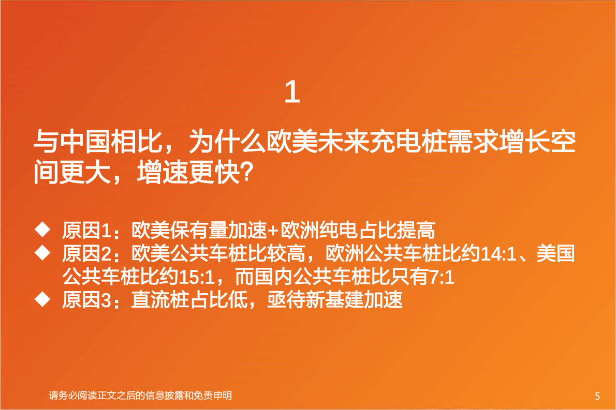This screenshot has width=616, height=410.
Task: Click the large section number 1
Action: [x=292, y=93]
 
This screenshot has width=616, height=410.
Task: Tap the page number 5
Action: [x=597, y=397]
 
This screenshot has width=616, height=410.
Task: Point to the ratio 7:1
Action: [x=442, y=278]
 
